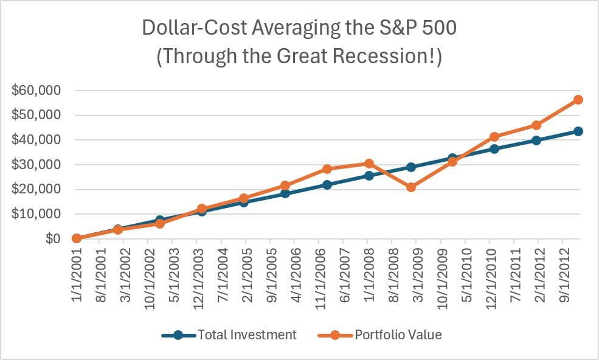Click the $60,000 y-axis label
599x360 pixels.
36,91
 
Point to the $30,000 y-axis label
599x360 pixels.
36,165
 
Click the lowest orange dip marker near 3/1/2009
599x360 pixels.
411,187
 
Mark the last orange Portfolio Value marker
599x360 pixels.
578,100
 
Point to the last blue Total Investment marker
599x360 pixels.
578,131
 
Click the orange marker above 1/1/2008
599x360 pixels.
369,164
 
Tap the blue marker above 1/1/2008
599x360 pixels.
369,176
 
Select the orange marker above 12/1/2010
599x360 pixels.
494,137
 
